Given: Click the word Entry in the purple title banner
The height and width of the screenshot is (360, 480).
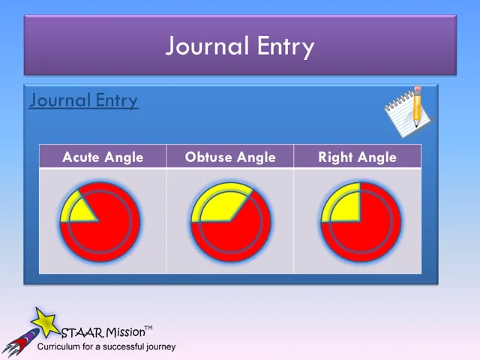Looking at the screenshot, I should pyautogui.click(x=283, y=46).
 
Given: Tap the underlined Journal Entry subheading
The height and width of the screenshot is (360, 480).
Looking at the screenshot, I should pyautogui.click(x=83, y=100).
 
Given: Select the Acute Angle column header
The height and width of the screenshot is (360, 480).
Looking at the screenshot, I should pyautogui.click(x=103, y=157).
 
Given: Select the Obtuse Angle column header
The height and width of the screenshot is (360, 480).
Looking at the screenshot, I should pyautogui.click(x=230, y=157).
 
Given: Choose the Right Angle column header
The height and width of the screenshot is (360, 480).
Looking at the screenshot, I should pyautogui.click(x=357, y=157).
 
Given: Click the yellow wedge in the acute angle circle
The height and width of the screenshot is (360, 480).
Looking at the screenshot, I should pyautogui.click(x=77, y=208).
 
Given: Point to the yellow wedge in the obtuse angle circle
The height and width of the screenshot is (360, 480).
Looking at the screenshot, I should pyautogui.click(x=217, y=205).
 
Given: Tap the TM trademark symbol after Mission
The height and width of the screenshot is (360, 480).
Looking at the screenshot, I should pyautogui.click(x=148, y=328).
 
